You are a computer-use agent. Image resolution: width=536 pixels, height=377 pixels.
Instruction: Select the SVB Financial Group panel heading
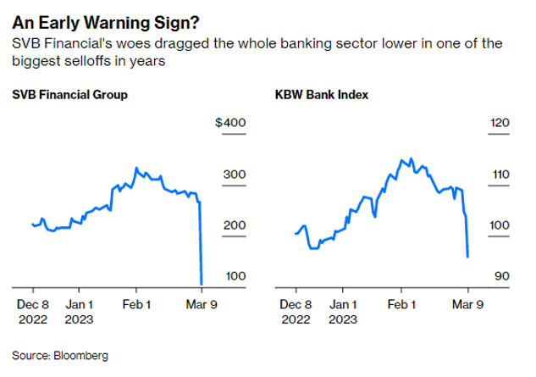coord(70,94)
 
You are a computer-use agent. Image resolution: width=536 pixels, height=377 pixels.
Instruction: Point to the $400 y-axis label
coord(230,124)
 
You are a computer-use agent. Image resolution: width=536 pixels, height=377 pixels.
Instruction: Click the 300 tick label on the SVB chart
coord(234,175)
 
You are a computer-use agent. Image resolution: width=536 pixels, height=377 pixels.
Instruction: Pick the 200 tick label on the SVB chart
coord(234,225)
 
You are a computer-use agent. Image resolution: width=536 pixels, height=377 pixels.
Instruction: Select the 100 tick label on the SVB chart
coord(234,276)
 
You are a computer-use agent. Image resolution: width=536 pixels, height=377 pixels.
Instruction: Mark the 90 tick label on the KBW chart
coord(501,276)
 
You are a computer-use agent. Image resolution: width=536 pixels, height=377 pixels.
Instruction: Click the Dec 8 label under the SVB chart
coord(34,303)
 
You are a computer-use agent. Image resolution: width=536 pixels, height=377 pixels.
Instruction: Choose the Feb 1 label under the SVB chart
coord(136,303)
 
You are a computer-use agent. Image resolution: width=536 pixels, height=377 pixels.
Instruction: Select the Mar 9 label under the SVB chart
coord(202,303)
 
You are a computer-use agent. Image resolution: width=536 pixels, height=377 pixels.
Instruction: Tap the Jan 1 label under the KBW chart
coord(343,303)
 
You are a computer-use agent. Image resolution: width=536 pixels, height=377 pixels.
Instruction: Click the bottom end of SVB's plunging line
coord(202,284)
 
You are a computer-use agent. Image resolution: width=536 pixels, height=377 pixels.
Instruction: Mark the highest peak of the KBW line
coord(410,158)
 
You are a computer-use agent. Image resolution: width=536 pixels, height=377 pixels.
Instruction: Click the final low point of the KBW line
coord(468,256)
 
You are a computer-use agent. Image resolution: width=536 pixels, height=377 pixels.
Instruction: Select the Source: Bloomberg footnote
coord(60,354)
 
